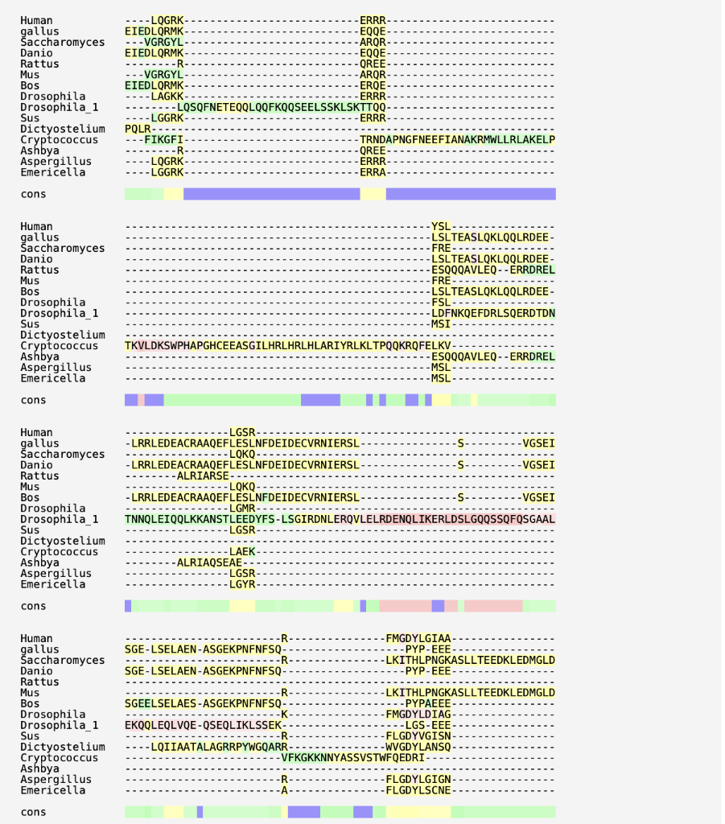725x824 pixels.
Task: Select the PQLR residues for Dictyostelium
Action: (138, 129)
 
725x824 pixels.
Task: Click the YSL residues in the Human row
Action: (441, 227)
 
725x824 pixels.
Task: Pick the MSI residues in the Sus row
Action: (441, 324)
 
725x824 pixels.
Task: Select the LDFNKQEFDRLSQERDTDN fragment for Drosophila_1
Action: (493, 313)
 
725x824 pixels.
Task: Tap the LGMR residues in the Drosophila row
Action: (242, 509)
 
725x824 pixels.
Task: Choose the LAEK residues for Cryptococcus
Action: (242, 552)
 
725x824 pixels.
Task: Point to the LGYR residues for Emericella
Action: (242, 584)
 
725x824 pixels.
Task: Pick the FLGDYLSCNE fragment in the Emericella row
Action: (418, 790)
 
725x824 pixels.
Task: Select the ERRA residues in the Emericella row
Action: (373, 172)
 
